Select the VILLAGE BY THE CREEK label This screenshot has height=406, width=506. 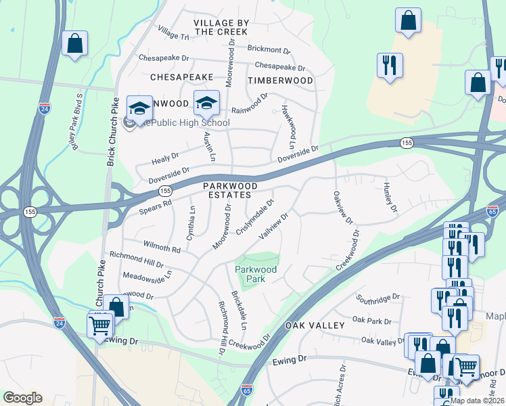(221, 27)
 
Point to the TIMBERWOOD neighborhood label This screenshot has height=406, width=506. (280, 81)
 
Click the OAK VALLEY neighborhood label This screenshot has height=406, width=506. (315, 325)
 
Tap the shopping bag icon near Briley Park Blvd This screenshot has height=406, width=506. (75, 43)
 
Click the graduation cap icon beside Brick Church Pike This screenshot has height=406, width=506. (139, 108)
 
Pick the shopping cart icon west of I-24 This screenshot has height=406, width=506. (100, 326)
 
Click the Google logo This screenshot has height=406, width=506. (23, 398)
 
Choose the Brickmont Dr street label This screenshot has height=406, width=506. (269, 50)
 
